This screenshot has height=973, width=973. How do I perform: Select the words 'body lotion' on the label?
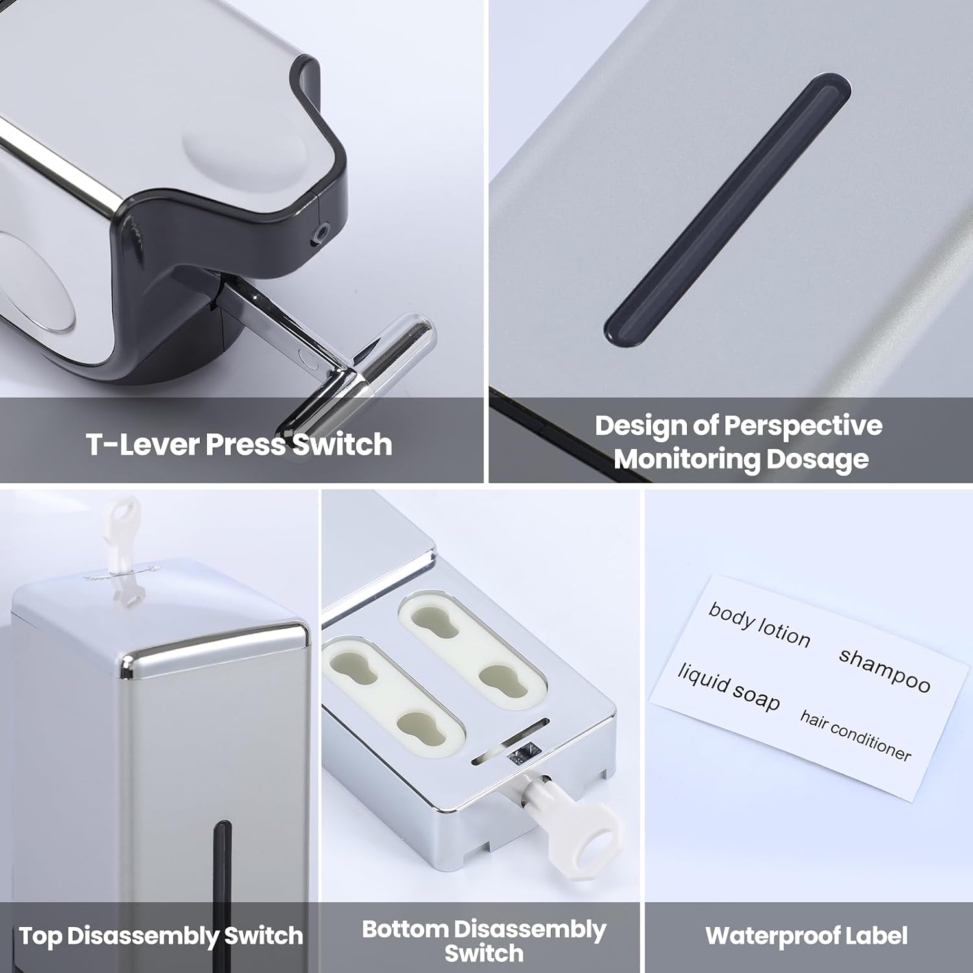click(x=759, y=625)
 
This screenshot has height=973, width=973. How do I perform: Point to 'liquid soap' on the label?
click(x=728, y=687)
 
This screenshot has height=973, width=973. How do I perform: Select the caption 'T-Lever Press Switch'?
click(x=239, y=444)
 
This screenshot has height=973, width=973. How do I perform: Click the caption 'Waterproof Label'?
click(x=806, y=935)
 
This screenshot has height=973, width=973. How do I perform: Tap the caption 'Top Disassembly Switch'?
click(x=161, y=936)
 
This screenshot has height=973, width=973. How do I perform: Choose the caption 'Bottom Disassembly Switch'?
click(x=484, y=941)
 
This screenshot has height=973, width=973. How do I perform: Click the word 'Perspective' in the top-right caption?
click(x=803, y=426)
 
